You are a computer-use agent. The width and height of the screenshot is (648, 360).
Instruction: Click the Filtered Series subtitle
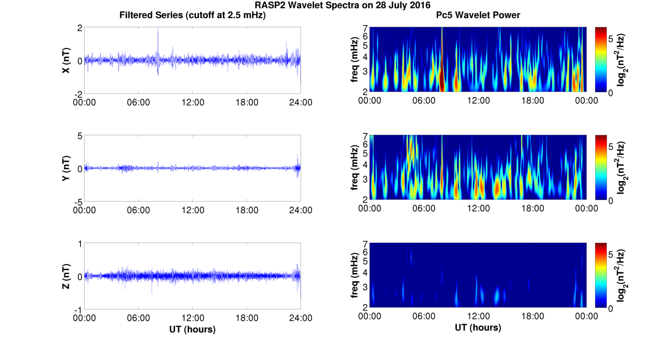click(x=192, y=15)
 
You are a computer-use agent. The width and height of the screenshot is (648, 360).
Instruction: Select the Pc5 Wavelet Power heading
click(x=478, y=15)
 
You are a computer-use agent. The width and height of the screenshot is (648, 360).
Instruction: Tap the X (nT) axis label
click(x=66, y=60)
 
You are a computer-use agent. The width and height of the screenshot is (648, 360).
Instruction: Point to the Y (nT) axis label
click(x=66, y=168)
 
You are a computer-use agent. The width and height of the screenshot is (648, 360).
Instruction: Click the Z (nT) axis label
click(x=66, y=276)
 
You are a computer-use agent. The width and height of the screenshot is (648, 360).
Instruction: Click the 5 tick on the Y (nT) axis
click(x=80, y=136)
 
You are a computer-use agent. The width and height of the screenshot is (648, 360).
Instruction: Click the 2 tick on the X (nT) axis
click(x=80, y=28)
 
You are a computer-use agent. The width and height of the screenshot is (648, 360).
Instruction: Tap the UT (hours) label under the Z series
click(x=192, y=329)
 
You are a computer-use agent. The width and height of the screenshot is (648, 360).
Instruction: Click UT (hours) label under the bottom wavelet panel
click(x=478, y=328)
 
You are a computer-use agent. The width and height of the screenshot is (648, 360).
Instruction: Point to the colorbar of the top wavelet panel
click(x=601, y=59)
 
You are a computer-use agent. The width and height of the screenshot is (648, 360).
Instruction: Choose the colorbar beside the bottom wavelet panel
click(x=601, y=275)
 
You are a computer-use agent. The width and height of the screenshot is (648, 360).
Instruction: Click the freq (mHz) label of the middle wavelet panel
click(x=355, y=168)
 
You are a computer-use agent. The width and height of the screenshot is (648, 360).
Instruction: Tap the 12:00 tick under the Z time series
click(x=192, y=318)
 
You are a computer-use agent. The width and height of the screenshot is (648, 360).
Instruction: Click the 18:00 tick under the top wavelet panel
click(x=532, y=101)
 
